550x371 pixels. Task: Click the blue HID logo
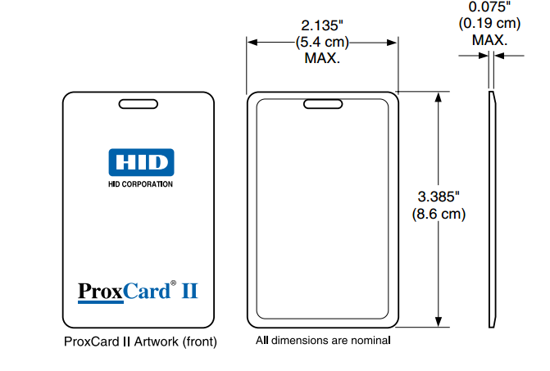pyautogui.click(x=140, y=162)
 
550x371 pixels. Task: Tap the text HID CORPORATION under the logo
pyautogui.click(x=140, y=185)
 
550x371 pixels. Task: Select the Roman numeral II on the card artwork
pyautogui.click(x=189, y=291)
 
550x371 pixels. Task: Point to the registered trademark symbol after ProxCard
pyautogui.click(x=173, y=284)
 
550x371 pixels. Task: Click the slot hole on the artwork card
pyautogui.click(x=139, y=103)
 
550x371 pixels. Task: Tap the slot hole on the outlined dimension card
pyautogui.click(x=323, y=103)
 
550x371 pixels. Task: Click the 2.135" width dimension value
pyautogui.click(x=323, y=25)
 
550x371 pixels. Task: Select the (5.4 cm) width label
pyautogui.click(x=323, y=42)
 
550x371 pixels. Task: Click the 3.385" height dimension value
pyautogui.click(x=439, y=197)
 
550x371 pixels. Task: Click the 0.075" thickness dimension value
pyautogui.click(x=489, y=7)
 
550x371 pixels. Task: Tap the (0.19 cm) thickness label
pyautogui.click(x=489, y=23)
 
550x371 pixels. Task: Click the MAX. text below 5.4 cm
pyautogui.click(x=323, y=58)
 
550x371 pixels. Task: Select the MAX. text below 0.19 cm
pyautogui.click(x=489, y=38)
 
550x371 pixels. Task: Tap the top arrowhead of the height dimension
pyautogui.click(x=441, y=97)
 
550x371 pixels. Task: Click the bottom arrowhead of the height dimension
pyautogui.click(x=441, y=322)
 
